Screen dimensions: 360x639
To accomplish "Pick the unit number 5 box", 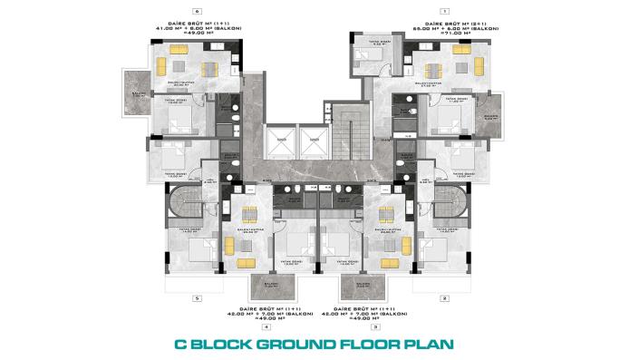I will (196, 297).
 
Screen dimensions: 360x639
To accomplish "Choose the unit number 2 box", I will (445, 297).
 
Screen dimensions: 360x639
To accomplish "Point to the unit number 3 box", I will (388, 326).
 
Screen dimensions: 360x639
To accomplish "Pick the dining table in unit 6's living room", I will (208, 68).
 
